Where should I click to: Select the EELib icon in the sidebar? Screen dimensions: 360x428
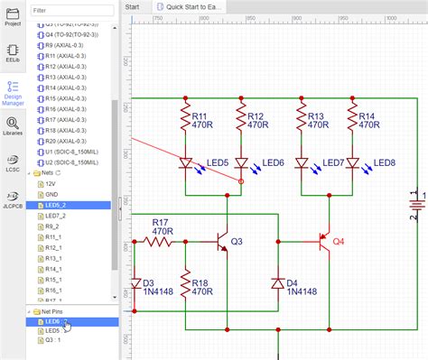pyautogui.click(x=13, y=52)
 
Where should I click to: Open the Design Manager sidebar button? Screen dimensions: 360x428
pyautogui.click(x=13, y=91)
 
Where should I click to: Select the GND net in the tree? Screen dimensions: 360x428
pyautogui.click(x=52, y=193)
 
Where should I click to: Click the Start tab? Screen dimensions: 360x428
pyautogui.click(x=132, y=6)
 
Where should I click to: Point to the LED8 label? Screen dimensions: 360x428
pyautogui.click(x=385, y=162)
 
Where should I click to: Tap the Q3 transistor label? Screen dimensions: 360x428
pyautogui.click(x=237, y=242)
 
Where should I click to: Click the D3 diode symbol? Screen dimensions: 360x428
pyautogui.click(x=135, y=284)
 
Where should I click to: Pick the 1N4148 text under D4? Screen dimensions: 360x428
pyautogui.click(x=303, y=291)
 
